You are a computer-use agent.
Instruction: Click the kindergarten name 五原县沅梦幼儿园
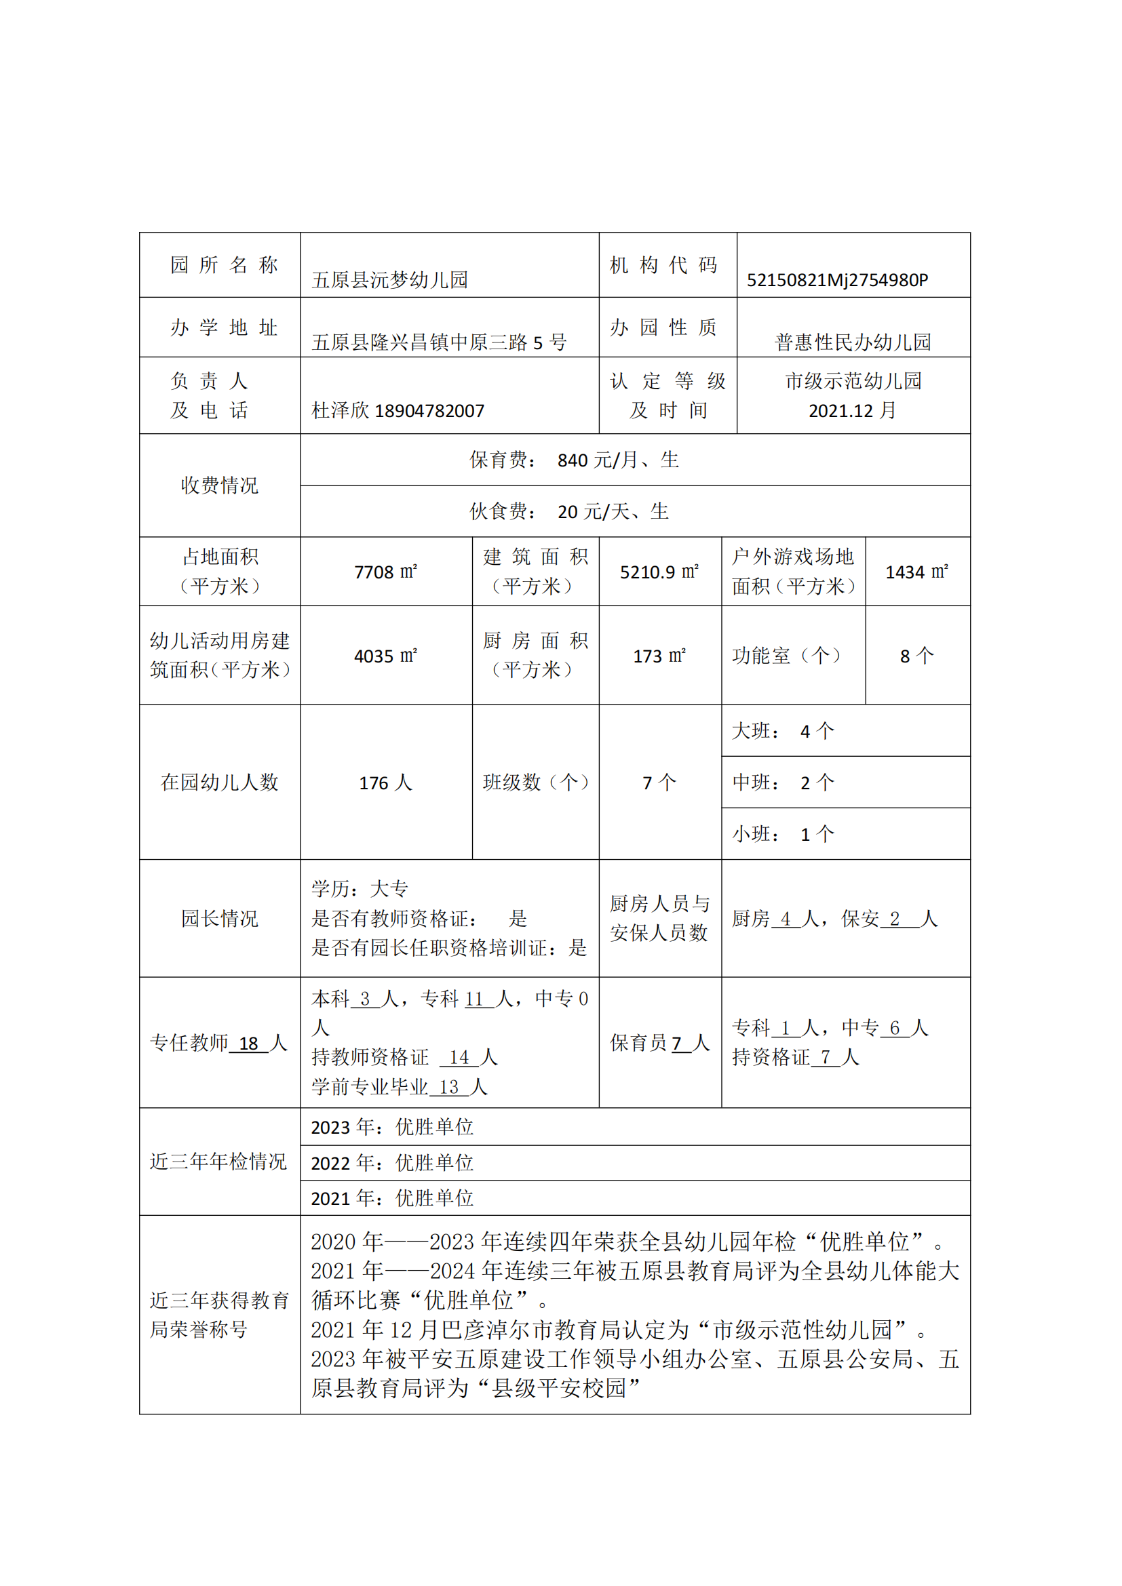(x=389, y=280)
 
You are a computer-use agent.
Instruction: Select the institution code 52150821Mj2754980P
(x=837, y=280)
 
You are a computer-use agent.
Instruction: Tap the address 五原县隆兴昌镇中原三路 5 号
(x=439, y=342)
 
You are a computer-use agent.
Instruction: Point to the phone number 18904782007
(x=429, y=411)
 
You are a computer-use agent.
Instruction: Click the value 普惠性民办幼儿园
(x=853, y=342)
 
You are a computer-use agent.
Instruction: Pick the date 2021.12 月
(x=853, y=411)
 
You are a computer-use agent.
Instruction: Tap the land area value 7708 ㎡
(x=385, y=572)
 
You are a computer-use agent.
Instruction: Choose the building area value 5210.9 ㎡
(x=659, y=572)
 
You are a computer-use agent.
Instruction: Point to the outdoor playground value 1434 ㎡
(x=917, y=572)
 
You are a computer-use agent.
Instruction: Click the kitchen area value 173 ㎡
(x=659, y=656)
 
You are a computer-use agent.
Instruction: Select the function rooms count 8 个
(x=917, y=656)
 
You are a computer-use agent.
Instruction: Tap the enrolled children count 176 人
(x=385, y=782)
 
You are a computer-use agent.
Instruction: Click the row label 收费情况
(x=220, y=485)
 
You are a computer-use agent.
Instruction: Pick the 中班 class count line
(x=784, y=782)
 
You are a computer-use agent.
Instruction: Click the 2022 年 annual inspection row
(x=391, y=1164)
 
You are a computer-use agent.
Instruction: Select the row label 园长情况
(x=220, y=918)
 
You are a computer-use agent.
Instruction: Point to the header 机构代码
(x=664, y=265)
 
